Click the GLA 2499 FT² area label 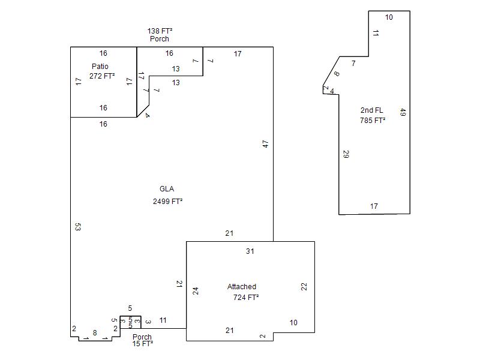(167, 195)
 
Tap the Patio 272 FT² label (102, 71)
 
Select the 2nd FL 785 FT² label (372, 115)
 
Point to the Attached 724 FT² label (243, 292)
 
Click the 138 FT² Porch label (160, 35)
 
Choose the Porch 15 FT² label (142, 340)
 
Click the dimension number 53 (78, 227)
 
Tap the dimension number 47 (265, 144)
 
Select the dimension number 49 (403, 112)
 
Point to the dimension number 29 (346, 154)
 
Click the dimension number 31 (250, 251)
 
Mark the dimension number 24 (196, 291)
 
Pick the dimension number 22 (304, 287)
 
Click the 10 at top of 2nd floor (389, 17)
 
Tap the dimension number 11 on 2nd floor (376, 33)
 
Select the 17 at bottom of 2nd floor (374, 206)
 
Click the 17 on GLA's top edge (238, 54)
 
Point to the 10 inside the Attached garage (293, 323)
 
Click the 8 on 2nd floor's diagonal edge (337, 74)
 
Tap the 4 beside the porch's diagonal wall (148, 115)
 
